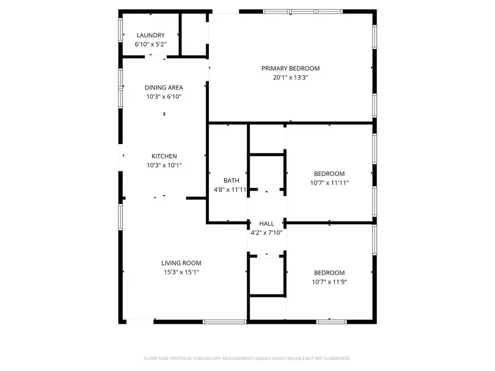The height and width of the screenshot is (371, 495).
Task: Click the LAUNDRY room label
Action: point(150,35)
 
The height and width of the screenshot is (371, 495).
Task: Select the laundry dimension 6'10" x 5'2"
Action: point(150,44)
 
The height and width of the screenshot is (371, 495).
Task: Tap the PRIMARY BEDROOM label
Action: point(290,68)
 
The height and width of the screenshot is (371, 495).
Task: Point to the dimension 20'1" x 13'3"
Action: point(290,77)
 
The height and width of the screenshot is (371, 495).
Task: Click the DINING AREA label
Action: point(163,87)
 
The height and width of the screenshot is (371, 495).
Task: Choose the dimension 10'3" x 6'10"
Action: point(163,97)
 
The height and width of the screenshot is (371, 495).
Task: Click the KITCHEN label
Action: point(164,156)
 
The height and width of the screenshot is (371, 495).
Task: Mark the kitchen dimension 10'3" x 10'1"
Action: point(164,165)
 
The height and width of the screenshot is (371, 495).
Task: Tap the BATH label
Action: point(231,180)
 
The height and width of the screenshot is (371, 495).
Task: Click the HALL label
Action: point(267,224)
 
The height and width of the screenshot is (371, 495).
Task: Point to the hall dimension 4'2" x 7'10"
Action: point(267,232)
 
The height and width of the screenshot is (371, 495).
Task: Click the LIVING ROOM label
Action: point(181,263)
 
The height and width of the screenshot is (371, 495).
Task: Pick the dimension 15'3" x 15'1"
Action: point(181,272)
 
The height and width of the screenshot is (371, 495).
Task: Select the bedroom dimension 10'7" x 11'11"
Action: point(329,182)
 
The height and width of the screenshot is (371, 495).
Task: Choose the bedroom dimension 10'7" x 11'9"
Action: point(329,282)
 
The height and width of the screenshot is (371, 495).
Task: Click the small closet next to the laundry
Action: point(193,34)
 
